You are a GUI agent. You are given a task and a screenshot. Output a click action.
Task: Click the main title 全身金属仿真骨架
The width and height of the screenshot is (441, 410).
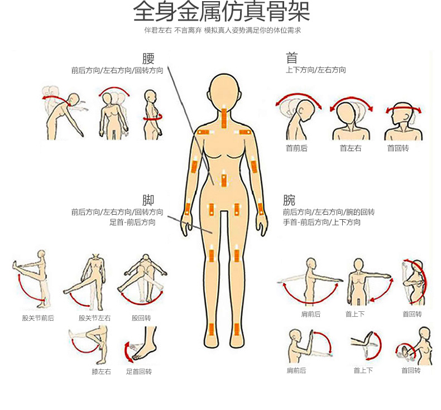pyautogui.click(x=221, y=12)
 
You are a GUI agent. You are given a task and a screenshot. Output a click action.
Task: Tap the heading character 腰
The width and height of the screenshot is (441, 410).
pyautogui.click(x=148, y=59)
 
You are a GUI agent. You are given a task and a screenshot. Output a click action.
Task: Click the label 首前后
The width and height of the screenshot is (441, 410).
pyautogui.click(x=296, y=148)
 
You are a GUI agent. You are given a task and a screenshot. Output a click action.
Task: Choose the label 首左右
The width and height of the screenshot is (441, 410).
pyautogui.click(x=351, y=148)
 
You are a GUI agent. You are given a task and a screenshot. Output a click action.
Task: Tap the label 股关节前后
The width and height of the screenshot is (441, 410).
pyautogui.click(x=38, y=318)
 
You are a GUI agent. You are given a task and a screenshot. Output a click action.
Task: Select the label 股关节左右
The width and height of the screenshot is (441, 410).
pyautogui.click(x=94, y=318)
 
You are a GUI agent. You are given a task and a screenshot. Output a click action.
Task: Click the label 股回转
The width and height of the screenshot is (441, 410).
pyautogui.click(x=141, y=318)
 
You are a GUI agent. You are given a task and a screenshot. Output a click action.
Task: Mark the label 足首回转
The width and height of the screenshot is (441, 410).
pyautogui.click(x=138, y=371)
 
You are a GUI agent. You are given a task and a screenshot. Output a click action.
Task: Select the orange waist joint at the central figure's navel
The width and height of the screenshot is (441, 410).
pyautogui.click(x=224, y=180)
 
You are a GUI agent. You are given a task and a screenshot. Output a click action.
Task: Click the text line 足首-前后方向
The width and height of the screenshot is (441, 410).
pyautogui.click(x=132, y=222)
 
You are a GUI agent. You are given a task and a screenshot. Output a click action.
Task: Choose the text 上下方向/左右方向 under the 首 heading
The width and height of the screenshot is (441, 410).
pyautogui.click(x=315, y=70)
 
